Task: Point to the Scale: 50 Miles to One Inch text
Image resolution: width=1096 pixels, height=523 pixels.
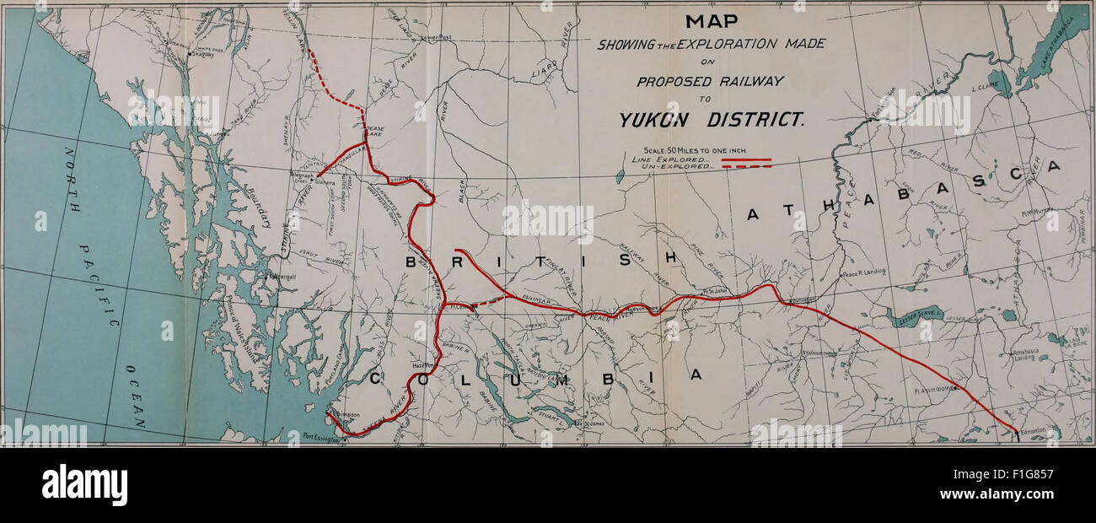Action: [688, 150]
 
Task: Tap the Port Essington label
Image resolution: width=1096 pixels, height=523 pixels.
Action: [323, 436]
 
